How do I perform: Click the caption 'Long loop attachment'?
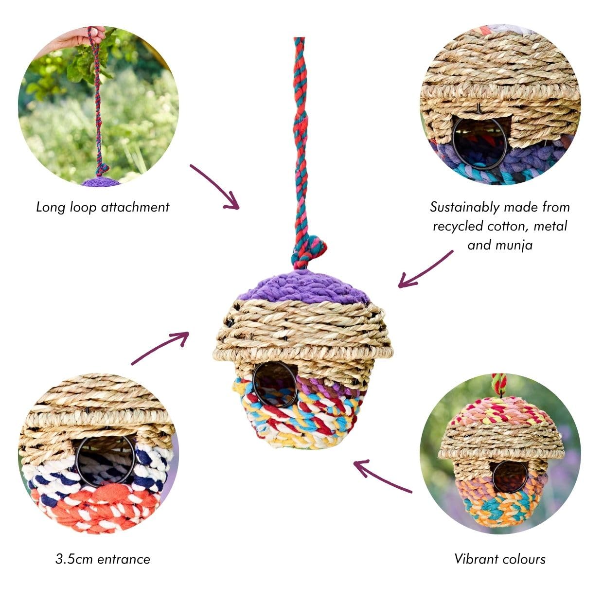[103, 208]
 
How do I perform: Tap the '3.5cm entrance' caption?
[103, 559]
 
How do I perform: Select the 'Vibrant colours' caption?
[500, 559]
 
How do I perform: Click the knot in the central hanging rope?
[308, 252]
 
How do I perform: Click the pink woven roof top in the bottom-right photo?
[500, 411]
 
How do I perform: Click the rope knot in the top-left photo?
[102, 169]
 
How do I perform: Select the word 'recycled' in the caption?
[458, 226]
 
